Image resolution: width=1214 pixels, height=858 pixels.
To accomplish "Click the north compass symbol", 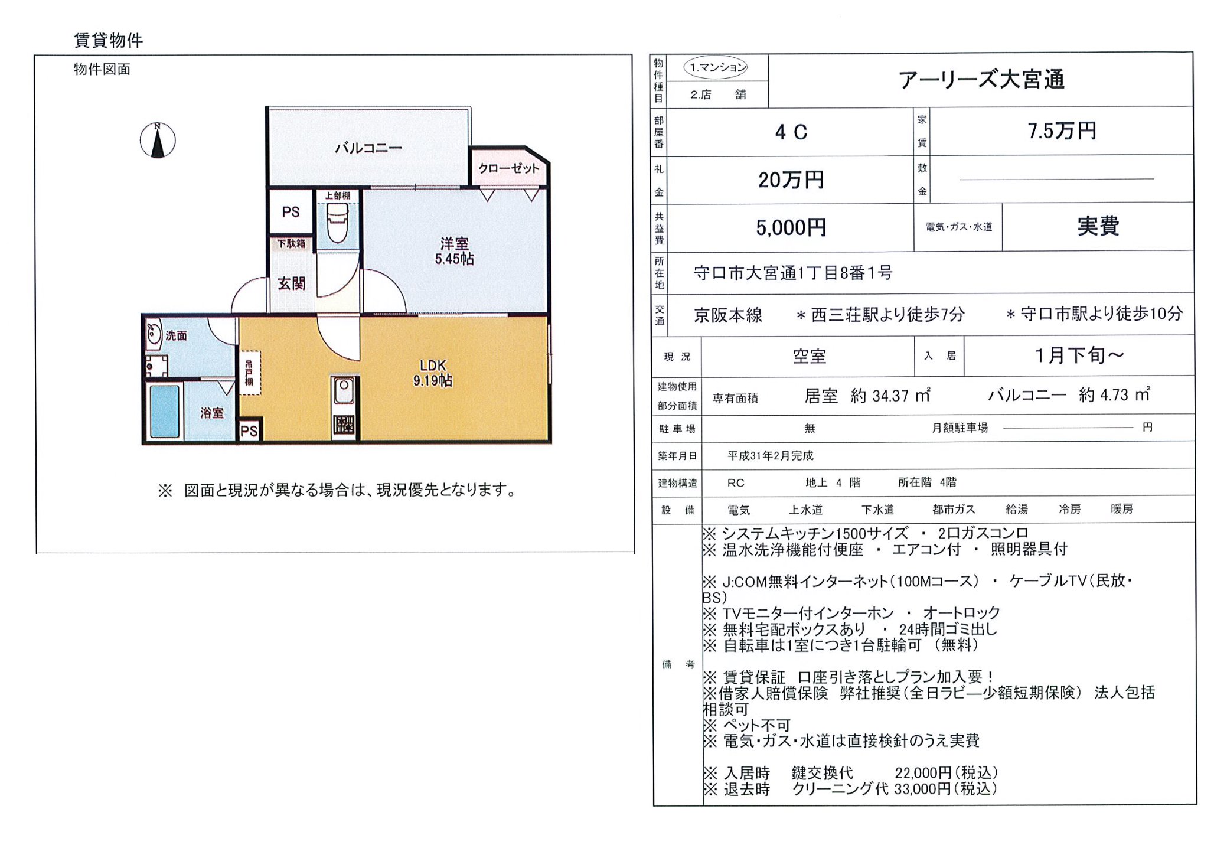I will (x=157, y=141).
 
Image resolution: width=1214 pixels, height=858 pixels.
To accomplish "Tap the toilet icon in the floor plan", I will (x=338, y=223).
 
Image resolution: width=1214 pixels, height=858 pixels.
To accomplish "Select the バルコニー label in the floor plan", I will (x=368, y=148).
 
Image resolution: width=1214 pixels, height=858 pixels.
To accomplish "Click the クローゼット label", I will (x=508, y=168).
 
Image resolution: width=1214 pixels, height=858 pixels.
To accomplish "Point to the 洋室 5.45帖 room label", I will (x=454, y=251).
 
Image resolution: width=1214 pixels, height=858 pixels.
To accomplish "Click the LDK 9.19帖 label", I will (x=433, y=373).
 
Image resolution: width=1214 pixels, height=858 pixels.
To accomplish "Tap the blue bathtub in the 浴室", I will (x=164, y=411).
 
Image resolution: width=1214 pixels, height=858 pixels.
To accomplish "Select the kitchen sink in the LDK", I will (x=344, y=390).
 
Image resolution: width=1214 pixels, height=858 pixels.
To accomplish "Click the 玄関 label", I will (x=292, y=284).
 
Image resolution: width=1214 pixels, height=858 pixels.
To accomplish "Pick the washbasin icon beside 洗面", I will (x=154, y=334).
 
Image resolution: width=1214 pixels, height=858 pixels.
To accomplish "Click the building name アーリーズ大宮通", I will (x=981, y=79).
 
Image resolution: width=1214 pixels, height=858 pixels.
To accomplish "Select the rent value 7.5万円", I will (x=1062, y=131).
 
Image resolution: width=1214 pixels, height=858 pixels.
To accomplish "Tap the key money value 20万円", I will (x=791, y=180).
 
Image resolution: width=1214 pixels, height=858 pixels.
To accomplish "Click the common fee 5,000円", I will (x=791, y=228).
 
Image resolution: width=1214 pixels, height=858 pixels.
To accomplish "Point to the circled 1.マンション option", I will (x=716, y=67).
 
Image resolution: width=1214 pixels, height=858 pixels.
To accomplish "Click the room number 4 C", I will (x=791, y=132).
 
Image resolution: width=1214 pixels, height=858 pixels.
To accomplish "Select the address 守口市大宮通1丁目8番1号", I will (x=792, y=273).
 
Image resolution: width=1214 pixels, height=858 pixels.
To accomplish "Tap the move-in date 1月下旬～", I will (x=1078, y=355).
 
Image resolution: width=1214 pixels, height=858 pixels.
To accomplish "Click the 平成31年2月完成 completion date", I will (x=770, y=456).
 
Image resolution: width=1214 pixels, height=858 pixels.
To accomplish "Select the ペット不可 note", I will (x=756, y=725).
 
